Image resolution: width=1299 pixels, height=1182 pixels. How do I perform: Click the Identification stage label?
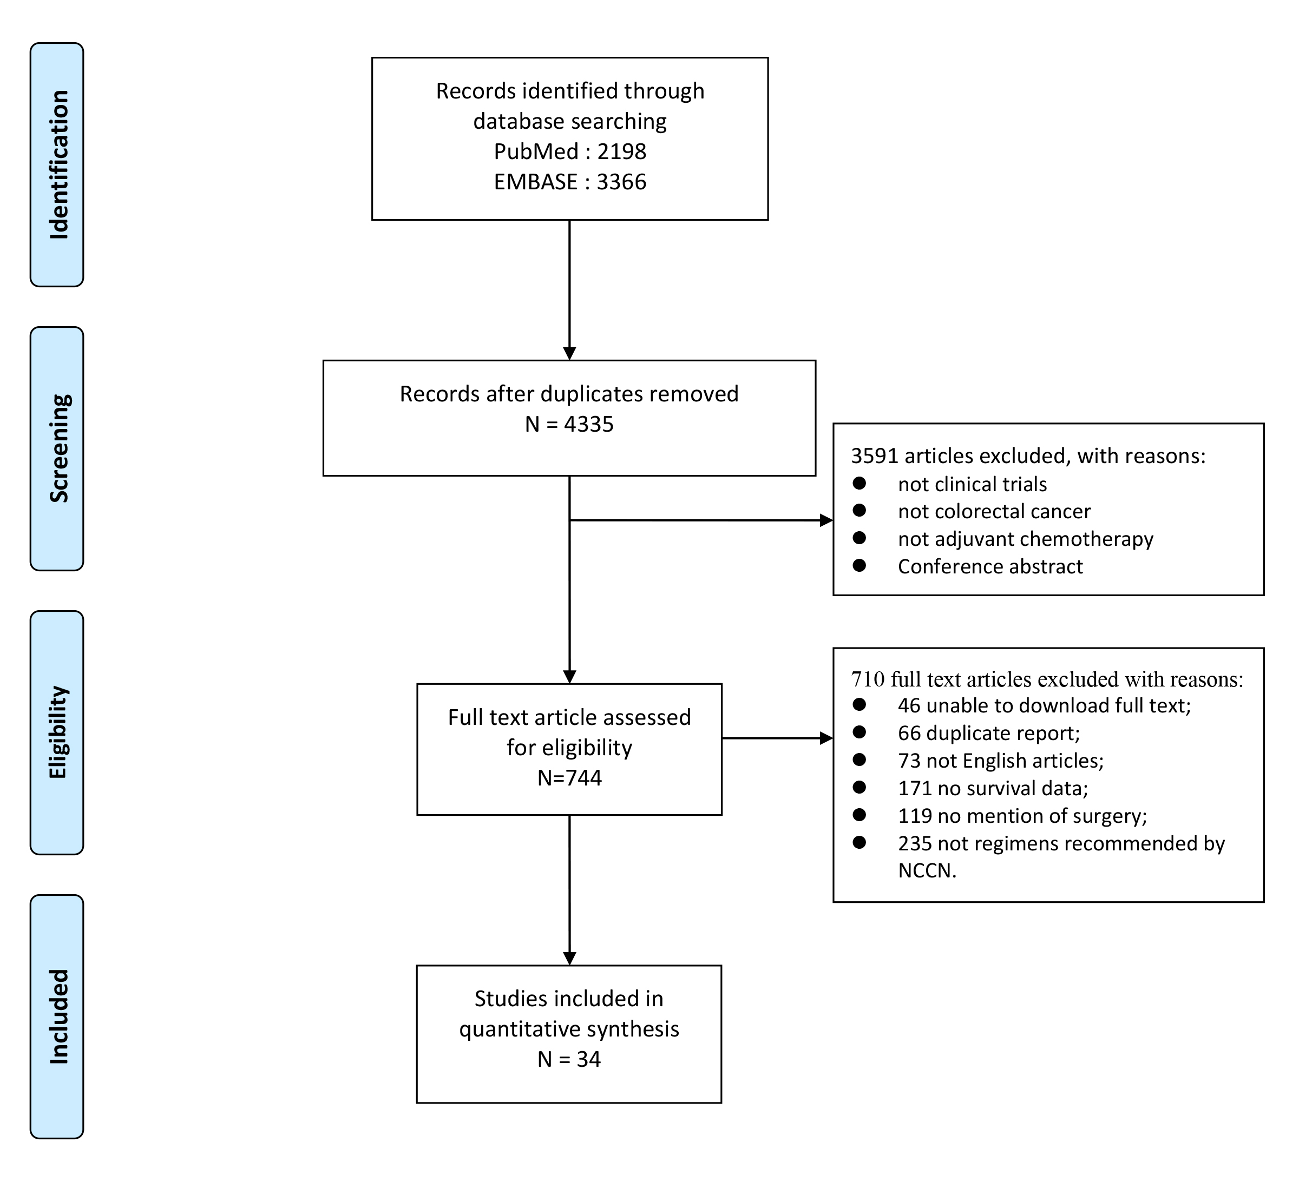[58, 165]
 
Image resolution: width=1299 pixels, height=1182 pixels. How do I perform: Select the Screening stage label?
[58, 448]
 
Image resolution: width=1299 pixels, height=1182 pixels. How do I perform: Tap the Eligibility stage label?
[58, 732]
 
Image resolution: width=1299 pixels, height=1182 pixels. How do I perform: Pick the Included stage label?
[58, 1016]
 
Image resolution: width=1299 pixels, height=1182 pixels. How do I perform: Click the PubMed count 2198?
[621, 151]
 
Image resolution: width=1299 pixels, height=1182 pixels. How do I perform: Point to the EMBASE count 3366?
[621, 182]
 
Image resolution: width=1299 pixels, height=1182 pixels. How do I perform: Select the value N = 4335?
[569, 424]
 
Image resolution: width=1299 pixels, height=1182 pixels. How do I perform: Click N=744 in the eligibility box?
[569, 777]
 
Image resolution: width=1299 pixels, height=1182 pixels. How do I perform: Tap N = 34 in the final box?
[569, 1059]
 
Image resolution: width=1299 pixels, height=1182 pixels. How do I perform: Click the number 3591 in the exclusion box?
[874, 455]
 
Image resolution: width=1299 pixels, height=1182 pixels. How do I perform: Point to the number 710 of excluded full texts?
[868, 679]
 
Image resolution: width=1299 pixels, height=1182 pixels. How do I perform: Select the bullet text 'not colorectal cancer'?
[994, 511]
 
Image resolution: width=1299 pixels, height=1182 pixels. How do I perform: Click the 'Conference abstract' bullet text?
[990, 566]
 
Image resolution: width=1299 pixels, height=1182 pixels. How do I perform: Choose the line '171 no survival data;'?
[993, 788]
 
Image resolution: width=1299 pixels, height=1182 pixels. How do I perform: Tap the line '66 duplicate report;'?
[989, 733]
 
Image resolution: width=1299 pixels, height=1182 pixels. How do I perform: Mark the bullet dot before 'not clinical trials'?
[859, 483]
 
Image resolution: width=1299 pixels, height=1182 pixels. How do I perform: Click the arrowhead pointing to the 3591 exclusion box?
[826, 520]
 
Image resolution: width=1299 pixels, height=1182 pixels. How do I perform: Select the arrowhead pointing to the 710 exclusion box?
[826, 738]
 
